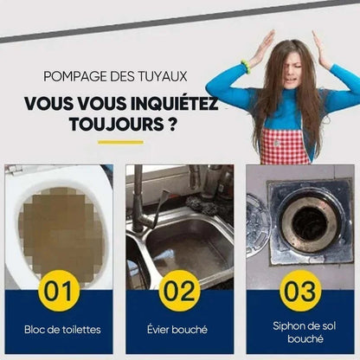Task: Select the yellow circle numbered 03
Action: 299,290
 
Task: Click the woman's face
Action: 286,73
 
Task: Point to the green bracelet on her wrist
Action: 246,66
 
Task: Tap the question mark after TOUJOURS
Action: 175,124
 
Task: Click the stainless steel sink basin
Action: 186,242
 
